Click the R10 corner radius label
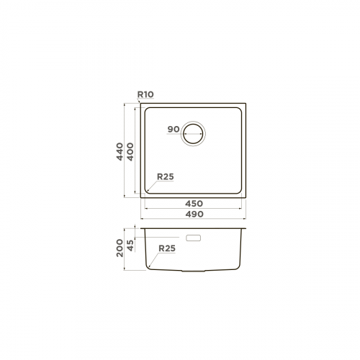click(145, 94)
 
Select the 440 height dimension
click(120, 152)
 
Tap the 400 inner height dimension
click(130, 152)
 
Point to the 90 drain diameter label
click(174, 129)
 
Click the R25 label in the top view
click(166, 177)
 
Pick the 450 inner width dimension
click(194, 204)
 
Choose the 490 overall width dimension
click(194, 214)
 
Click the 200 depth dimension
click(120, 248)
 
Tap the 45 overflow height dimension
click(130, 246)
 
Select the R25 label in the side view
click(167, 248)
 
